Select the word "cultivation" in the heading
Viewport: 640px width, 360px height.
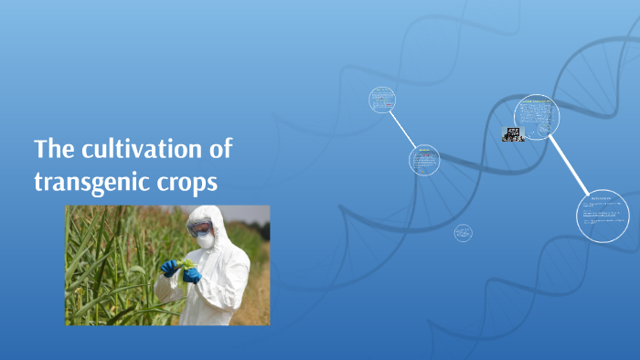155,149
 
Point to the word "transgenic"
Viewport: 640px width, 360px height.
93,182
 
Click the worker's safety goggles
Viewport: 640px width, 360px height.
202,228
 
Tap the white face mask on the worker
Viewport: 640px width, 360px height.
206,240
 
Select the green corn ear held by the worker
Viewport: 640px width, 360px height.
186,265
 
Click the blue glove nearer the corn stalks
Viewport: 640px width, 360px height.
169,268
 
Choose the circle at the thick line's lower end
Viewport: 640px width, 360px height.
603,215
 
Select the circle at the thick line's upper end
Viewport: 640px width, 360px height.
538,116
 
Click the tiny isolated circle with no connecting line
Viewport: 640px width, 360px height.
464,233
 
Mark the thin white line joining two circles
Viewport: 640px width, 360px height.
403,129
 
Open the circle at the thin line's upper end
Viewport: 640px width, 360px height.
382,100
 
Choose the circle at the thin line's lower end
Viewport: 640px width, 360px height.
424,160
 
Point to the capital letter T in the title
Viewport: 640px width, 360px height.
41,149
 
